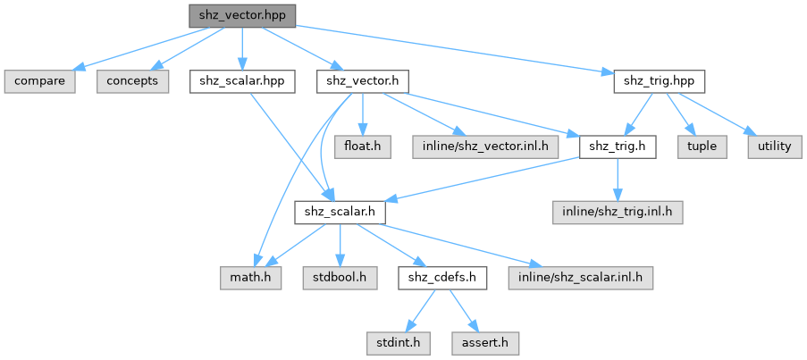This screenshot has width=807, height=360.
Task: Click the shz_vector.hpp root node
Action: point(241,15)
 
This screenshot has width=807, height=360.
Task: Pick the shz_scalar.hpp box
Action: point(242,81)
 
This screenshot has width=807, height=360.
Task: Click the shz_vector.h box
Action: point(363,81)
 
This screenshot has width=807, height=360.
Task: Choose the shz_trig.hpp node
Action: point(660,81)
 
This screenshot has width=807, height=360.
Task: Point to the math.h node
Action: point(252,278)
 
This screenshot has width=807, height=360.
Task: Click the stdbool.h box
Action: point(340,278)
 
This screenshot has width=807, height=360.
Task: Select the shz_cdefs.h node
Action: point(442,278)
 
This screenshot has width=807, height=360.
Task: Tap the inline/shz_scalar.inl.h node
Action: point(581,278)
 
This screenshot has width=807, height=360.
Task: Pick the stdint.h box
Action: point(394,343)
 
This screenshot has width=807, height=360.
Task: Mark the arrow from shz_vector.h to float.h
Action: point(363,112)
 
